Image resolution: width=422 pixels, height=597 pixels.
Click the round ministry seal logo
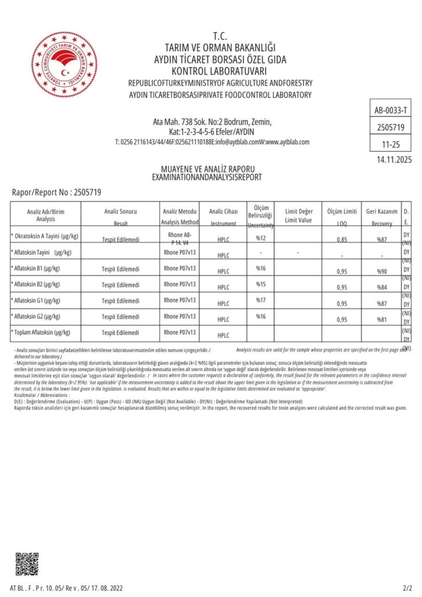(65, 65)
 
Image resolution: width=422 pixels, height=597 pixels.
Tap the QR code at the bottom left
(27, 563)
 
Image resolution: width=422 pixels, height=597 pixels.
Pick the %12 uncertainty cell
(261, 238)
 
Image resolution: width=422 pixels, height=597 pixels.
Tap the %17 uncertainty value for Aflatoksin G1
(261, 300)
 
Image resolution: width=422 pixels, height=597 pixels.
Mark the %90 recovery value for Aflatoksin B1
(382, 271)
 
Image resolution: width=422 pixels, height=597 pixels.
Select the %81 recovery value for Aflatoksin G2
(382, 319)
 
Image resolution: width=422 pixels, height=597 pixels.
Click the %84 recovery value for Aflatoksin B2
(382, 287)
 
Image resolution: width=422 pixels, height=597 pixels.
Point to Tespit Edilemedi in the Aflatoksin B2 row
(121, 285)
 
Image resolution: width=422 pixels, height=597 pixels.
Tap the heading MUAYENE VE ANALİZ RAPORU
(206, 170)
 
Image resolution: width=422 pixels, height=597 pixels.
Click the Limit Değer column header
(299, 215)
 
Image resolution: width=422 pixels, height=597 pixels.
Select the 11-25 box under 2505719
(391, 143)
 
